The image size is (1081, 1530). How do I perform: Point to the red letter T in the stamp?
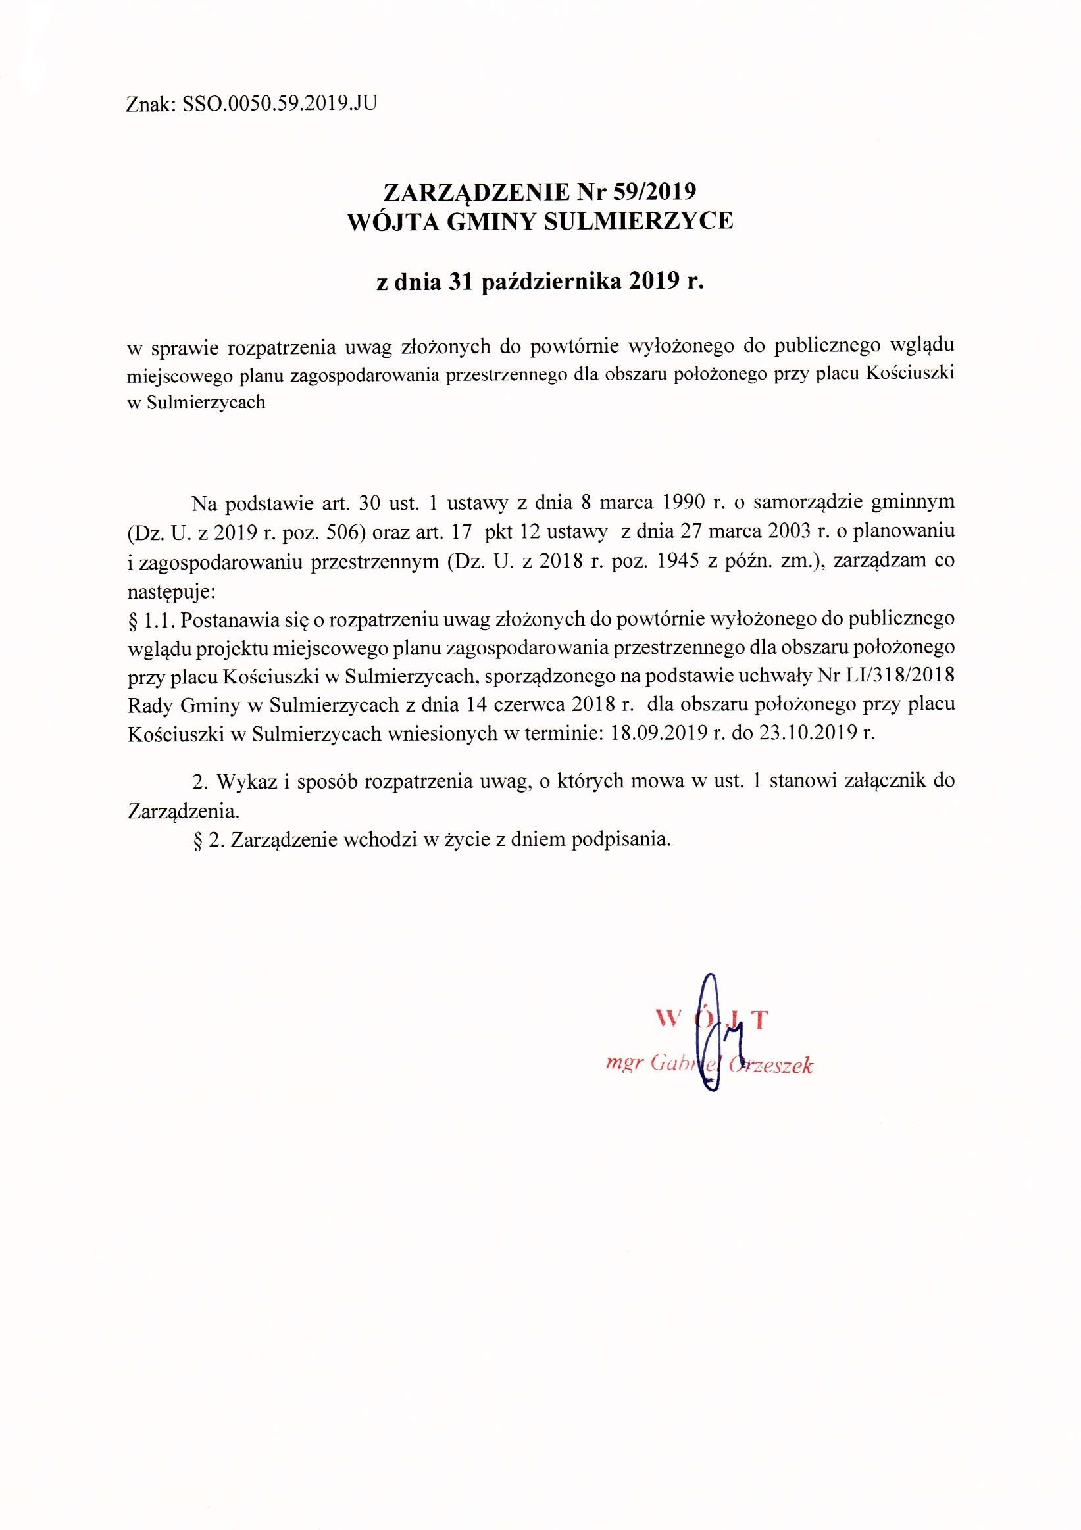(x=762, y=1020)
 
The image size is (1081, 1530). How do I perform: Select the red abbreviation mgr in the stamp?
(x=623, y=1064)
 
